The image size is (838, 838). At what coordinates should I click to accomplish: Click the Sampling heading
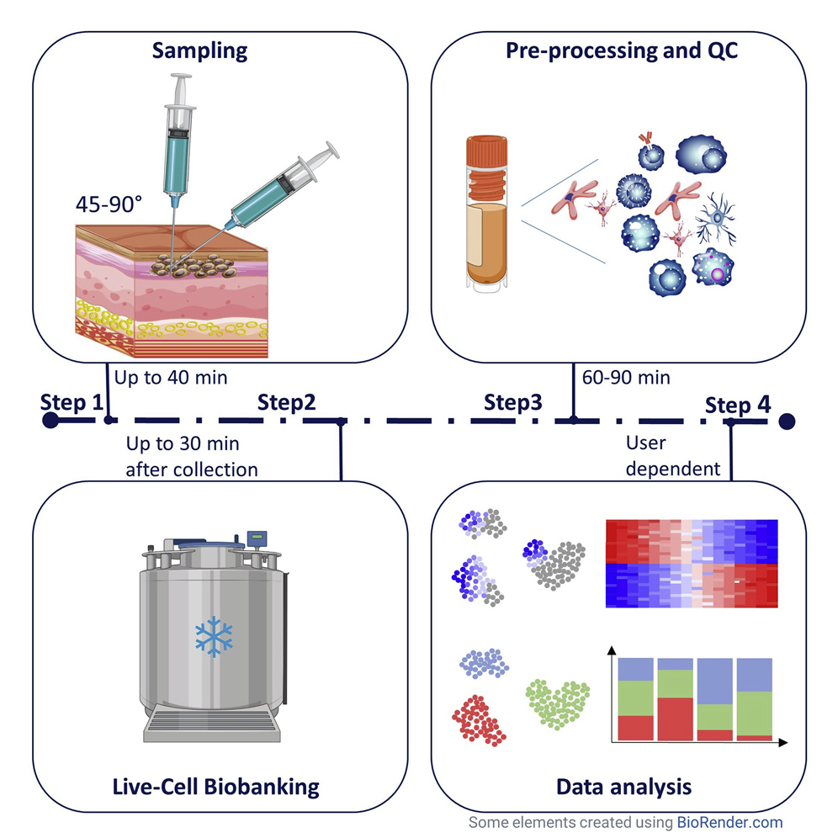(199, 50)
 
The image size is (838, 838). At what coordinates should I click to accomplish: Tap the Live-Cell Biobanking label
(216, 787)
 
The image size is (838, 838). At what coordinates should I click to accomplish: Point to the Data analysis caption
(623, 787)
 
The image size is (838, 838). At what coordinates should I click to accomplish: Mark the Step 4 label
(737, 405)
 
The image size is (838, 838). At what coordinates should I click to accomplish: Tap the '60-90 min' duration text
(626, 377)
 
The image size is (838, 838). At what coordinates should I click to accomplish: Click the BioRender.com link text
(729, 822)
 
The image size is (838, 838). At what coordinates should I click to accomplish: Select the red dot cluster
(480, 719)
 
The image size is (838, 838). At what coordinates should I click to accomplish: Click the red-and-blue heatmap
(691, 563)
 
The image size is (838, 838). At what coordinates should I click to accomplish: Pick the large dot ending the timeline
(787, 421)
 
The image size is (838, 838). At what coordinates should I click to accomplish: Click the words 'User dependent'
(673, 456)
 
